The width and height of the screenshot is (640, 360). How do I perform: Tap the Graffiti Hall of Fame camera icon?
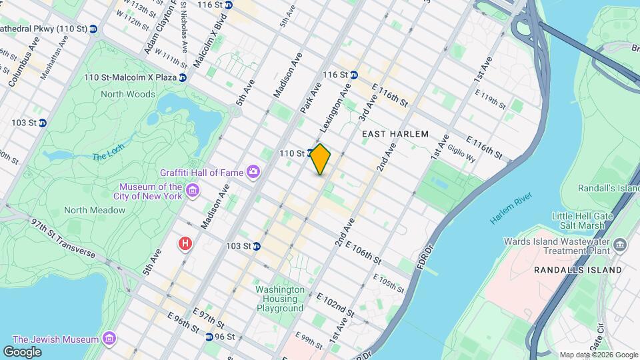coord(253,173)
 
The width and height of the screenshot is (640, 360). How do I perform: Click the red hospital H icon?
coord(185,244)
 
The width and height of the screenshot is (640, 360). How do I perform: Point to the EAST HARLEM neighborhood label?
coord(395,134)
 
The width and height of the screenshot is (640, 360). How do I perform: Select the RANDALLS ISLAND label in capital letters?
coord(578,270)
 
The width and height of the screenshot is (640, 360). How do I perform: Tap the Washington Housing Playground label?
coord(280,299)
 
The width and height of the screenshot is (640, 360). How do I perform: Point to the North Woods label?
coord(128,94)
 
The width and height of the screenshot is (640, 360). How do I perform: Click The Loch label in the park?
coord(109,156)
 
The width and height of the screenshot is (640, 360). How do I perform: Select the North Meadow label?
coord(95,210)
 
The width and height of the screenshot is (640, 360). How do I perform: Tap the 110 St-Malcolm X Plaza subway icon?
coord(182,77)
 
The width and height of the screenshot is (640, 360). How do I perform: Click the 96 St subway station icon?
coord(209,337)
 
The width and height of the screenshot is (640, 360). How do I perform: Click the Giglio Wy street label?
coord(461,153)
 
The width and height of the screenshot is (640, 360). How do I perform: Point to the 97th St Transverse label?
coord(63,238)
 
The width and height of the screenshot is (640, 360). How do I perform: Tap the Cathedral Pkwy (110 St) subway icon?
coord(93,29)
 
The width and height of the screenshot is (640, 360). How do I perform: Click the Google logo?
coord(22,351)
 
